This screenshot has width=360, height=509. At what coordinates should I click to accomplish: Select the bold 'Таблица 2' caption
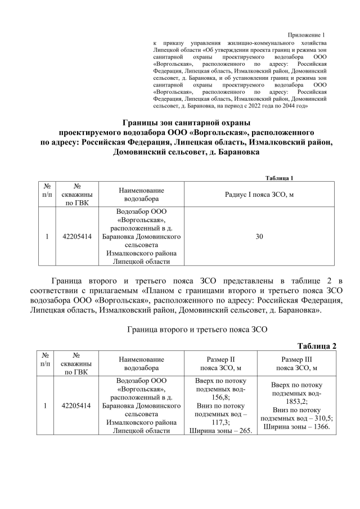317,345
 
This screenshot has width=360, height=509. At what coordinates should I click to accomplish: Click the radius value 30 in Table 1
259,236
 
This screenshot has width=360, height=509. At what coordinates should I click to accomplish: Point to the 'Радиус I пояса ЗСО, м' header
259,194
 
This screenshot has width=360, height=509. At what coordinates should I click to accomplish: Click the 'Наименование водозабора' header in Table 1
141,194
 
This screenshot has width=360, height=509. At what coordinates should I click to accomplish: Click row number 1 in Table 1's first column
47,236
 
